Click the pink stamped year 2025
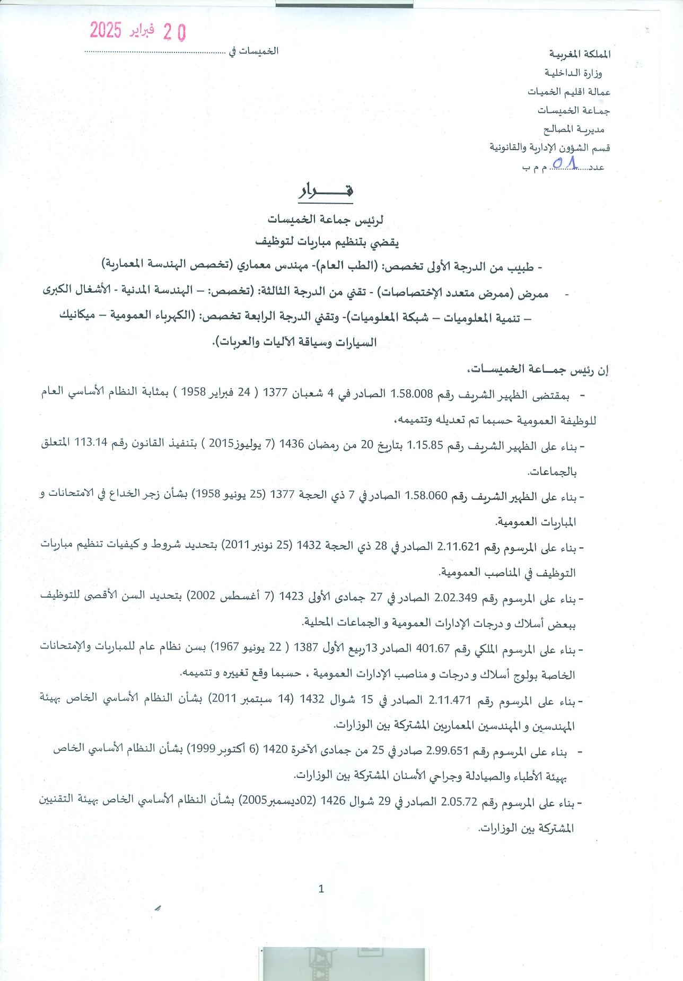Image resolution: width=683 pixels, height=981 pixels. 106,30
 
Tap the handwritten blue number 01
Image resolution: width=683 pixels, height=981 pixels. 564,164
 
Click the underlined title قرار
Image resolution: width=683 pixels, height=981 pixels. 326,191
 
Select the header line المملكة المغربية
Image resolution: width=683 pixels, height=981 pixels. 580,54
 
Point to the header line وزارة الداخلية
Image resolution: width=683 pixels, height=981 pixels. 573,73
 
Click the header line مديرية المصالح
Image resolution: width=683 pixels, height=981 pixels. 574,129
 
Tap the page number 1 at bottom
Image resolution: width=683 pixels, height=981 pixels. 321,889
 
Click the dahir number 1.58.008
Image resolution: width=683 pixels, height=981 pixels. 411,393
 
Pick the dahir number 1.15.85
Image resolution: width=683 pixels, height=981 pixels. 424,445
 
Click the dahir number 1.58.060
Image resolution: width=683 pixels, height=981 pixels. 426,496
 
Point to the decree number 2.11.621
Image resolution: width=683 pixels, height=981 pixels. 458,547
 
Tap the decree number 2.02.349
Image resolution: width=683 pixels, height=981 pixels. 456,598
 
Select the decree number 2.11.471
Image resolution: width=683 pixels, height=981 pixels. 450,700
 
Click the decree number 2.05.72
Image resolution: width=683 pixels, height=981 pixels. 459,802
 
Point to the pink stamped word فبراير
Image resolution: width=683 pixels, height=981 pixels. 142,30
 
